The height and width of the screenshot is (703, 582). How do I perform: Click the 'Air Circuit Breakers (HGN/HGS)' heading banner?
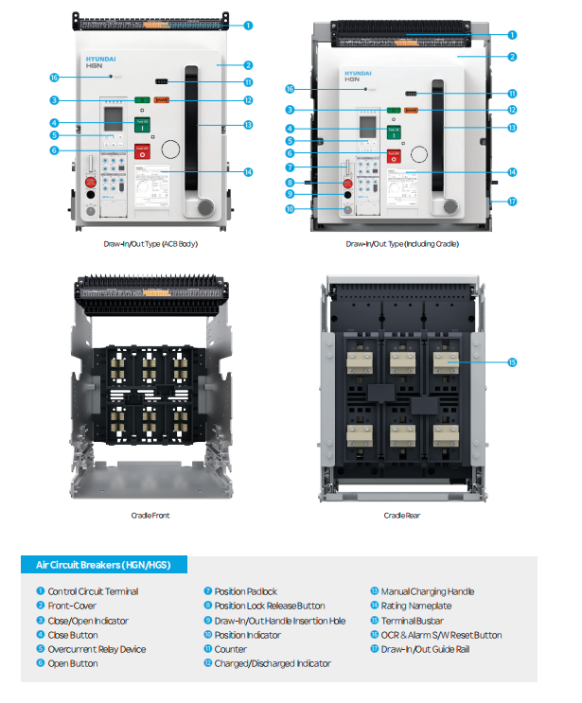click(104, 565)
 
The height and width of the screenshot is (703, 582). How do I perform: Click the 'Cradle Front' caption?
click(150, 516)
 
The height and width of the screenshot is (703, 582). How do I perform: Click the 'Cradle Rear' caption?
click(401, 516)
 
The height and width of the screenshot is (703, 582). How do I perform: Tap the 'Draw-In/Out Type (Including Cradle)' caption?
click(402, 244)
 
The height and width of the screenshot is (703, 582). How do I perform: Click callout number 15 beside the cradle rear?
click(512, 362)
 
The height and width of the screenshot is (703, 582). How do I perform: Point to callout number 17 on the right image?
click(512, 202)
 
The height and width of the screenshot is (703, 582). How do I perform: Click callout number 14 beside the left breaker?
click(248, 172)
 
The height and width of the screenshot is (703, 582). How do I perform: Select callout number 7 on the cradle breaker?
click(291, 167)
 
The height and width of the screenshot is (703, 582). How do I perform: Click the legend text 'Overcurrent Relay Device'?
click(97, 649)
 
